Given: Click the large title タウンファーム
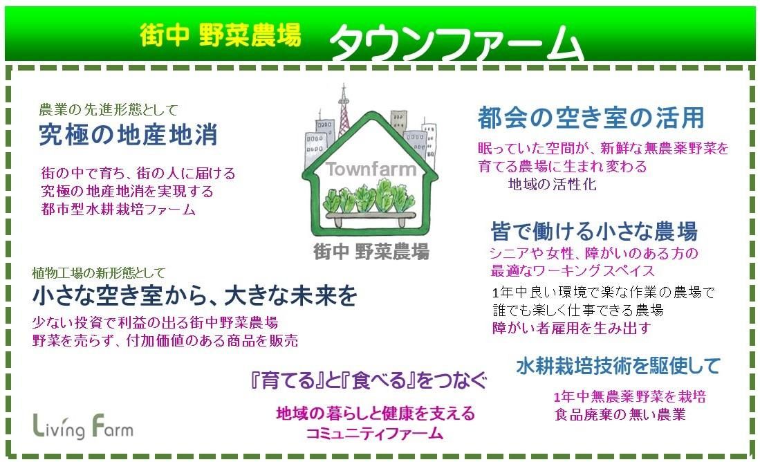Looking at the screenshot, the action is (x=456, y=43).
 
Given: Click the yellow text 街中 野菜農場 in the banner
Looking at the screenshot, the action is (x=221, y=35).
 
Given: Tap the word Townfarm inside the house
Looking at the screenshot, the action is (x=371, y=169).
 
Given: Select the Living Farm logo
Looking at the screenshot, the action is (x=83, y=426).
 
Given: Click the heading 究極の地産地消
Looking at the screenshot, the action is (x=129, y=135).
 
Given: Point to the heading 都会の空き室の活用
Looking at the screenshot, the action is (x=591, y=118).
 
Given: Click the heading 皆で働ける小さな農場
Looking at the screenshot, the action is (x=594, y=231).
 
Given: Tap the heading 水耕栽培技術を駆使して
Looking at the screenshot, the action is (x=618, y=366).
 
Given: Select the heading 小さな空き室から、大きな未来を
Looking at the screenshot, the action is (x=194, y=296).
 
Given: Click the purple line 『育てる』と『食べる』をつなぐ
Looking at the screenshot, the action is (x=369, y=380).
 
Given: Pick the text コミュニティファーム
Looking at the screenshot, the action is (x=375, y=433).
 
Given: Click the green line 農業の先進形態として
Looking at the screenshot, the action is (x=109, y=109).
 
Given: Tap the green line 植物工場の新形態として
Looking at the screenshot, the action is (x=98, y=273).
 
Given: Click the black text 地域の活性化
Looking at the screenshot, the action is (x=552, y=184).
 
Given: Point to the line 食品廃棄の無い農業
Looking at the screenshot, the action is (x=620, y=414).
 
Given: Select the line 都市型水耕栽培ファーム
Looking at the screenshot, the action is (x=119, y=210).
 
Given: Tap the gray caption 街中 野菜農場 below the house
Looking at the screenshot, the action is (x=371, y=252).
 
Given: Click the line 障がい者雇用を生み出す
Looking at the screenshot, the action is (x=571, y=329).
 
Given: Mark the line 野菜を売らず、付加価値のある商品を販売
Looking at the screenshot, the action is (x=165, y=340).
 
